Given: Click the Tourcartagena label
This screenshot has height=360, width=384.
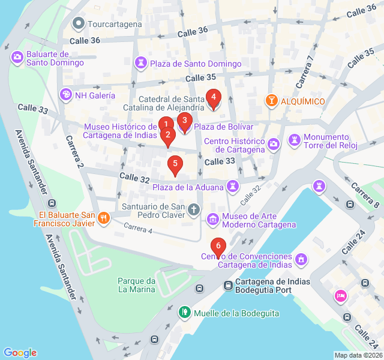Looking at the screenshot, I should [x=115, y=24].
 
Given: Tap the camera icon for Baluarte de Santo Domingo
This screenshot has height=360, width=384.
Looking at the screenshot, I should [x=17, y=58].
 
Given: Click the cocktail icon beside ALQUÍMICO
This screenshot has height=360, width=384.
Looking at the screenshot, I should [x=271, y=101].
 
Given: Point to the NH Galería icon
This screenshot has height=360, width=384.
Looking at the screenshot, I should [x=65, y=94].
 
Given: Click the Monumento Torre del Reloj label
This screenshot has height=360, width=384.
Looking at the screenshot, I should [x=330, y=141].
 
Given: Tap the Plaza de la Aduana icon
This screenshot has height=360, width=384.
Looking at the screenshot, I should [x=232, y=187].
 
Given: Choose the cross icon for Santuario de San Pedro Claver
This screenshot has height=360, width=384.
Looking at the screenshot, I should [x=193, y=209].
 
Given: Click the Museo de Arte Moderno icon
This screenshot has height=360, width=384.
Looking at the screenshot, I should [x=212, y=220].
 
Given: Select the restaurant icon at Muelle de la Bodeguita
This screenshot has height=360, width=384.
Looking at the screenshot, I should [x=186, y=313].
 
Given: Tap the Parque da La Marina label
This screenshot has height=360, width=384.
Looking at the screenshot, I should [x=137, y=285].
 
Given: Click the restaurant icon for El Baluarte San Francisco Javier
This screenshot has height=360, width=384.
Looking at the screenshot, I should [x=103, y=218].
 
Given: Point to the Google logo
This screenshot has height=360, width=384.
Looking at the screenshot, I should [x=20, y=353].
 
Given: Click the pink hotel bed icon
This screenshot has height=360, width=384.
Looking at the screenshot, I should [x=340, y=296].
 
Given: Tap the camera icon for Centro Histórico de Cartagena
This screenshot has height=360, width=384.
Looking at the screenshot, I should [x=274, y=144].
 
